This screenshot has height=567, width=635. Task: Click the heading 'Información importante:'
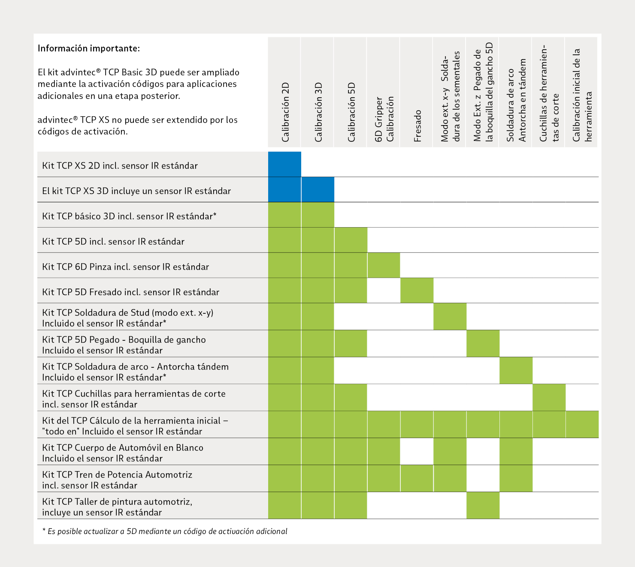click(x=89, y=48)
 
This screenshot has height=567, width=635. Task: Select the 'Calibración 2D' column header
click(x=285, y=112)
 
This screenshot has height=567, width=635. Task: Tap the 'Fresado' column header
click(x=417, y=126)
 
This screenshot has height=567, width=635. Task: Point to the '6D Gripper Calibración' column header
click(x=384, y=119)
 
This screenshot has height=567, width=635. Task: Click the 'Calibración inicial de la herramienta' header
click(x=582, y=95)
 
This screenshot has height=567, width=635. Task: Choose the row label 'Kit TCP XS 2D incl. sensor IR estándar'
click(x=120, y=165)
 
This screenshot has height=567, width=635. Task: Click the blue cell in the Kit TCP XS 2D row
click(x=284, y=164)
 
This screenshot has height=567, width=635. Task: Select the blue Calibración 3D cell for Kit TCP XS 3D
click(x=318, y=189)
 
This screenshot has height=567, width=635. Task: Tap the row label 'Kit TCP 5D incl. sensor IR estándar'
click(x=113, y=241)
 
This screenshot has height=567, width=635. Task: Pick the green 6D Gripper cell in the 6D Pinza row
click(x=384, y=265)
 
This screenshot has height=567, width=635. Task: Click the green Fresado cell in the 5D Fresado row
click(x=417, y=290)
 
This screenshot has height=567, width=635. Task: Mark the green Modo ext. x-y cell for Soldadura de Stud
click(x=450, y=317)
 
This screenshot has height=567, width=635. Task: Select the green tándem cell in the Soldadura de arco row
click(x=516, y=370)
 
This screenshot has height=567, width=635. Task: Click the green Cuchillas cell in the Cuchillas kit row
click(x=549, y=397)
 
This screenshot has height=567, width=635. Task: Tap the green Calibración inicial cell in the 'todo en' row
click(x=582, y=424)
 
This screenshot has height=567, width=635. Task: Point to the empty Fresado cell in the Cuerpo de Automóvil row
click(x=417, y=451)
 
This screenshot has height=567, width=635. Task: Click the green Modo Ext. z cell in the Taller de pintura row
click(x=483, y=505)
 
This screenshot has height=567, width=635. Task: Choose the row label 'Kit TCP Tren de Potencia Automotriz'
click(x=117, y=474)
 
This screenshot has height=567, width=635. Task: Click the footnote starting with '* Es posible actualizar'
click(x=165, y=531)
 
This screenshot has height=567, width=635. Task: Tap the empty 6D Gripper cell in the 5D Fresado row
click(x=384, y=290)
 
